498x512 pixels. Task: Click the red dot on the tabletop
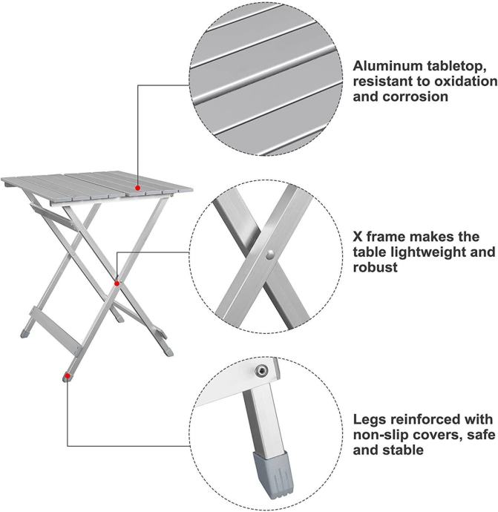138,188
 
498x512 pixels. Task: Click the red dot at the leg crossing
117,283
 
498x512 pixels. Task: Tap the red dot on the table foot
68,376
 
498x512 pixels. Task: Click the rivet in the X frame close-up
269,255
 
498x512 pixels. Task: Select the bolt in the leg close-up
261,370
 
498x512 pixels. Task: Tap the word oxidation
465,82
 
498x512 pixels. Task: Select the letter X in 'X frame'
358,237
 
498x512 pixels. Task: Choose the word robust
376,267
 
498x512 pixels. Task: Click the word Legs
370,419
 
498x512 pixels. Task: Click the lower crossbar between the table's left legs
56,329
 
